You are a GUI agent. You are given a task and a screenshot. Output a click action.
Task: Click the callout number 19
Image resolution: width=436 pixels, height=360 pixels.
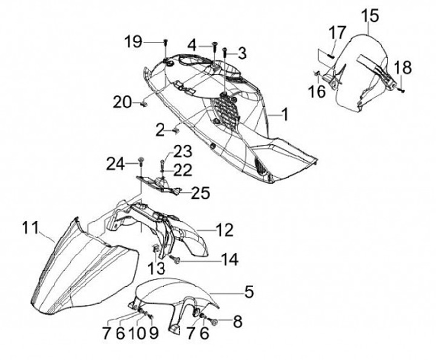[134, 42]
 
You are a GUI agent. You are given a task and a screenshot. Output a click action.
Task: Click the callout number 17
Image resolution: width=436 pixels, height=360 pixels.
[337, 32]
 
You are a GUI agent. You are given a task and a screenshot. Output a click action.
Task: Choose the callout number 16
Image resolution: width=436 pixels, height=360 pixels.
[317, 92]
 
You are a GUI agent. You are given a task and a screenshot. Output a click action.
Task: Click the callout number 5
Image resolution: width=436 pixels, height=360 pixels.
[249, 292]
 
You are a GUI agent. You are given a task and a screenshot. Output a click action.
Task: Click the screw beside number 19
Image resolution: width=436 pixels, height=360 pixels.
[165, 42]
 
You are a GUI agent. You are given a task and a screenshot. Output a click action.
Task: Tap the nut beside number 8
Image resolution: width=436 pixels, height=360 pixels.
[217, 321]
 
